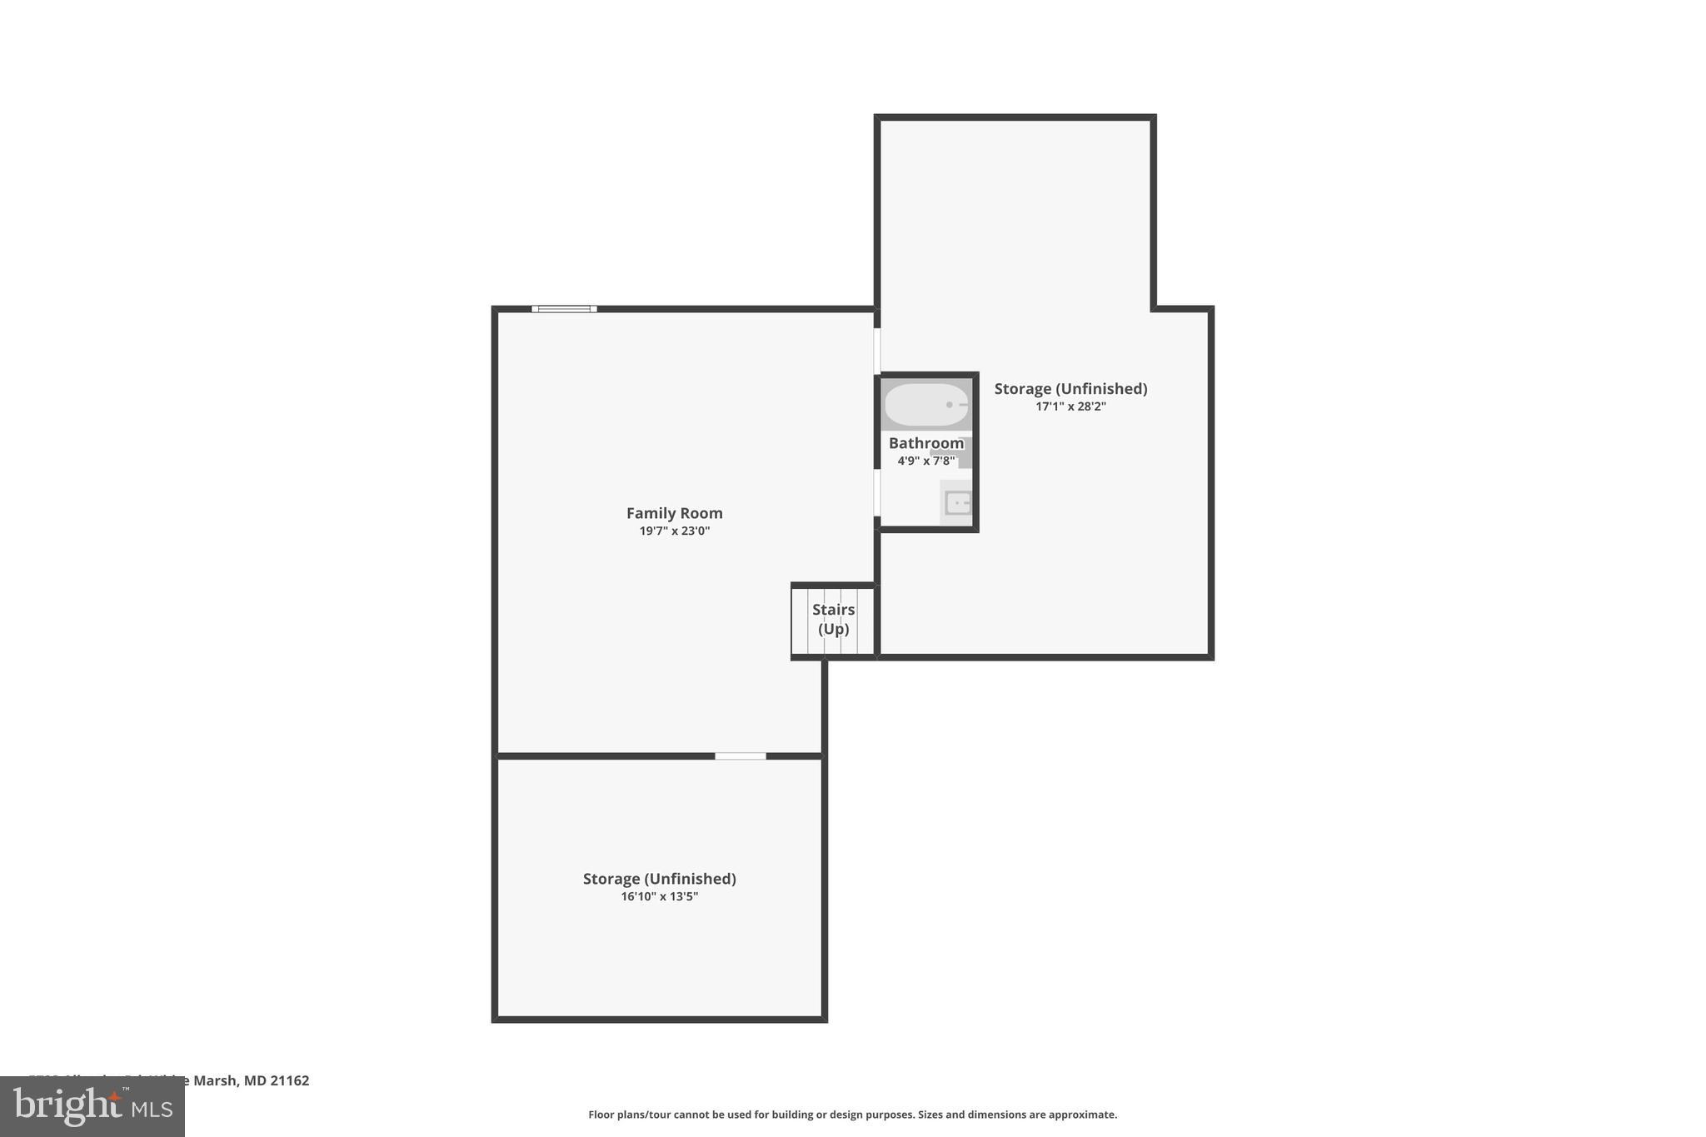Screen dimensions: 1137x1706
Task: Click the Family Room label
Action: coord(674,513)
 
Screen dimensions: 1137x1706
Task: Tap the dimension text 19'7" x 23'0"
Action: coord(674,531)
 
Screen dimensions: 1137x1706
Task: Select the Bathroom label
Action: coord(925,443)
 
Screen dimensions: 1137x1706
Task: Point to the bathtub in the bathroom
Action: coord(925,405)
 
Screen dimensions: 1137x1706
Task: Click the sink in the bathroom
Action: coord(958,503)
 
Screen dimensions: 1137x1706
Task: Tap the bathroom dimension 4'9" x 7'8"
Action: coord(925,461)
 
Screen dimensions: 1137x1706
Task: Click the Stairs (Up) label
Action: coord(833,619)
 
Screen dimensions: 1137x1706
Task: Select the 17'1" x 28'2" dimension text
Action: coord(1070,406)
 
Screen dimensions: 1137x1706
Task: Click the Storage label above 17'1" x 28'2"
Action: coord(1070,389)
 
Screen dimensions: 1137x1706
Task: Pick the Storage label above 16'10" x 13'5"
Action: coord(659,879)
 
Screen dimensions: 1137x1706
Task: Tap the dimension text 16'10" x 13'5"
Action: coord(659,897)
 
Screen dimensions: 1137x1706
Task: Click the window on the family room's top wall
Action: coord(564,309)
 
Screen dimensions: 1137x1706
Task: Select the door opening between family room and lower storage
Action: coord(740,756)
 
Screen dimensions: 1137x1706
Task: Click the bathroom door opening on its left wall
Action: coord(877,493)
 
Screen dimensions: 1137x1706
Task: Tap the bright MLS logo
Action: coord(92,1107)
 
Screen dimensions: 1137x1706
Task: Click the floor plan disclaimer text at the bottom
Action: coord(852,1115)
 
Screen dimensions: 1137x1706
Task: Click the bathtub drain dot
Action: coord(949,405)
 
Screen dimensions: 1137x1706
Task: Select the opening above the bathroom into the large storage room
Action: coord(877,351)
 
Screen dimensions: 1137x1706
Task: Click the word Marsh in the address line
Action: coord(216,1080)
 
